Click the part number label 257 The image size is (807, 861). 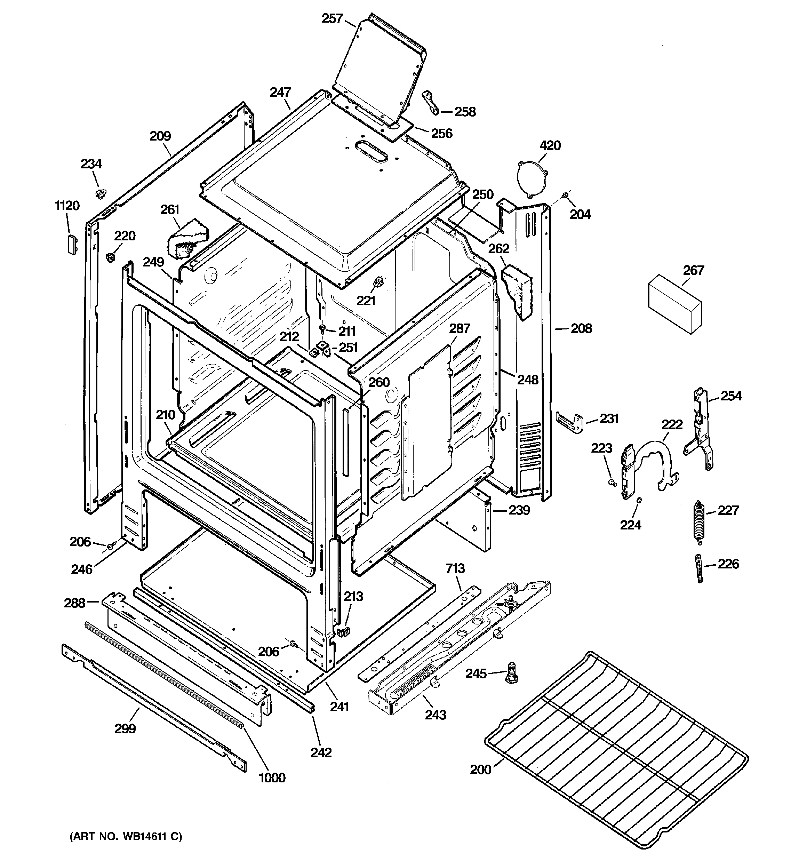coord(332,19)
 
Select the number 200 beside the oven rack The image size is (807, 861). coord(481,770)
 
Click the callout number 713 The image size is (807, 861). coord(455,568)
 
